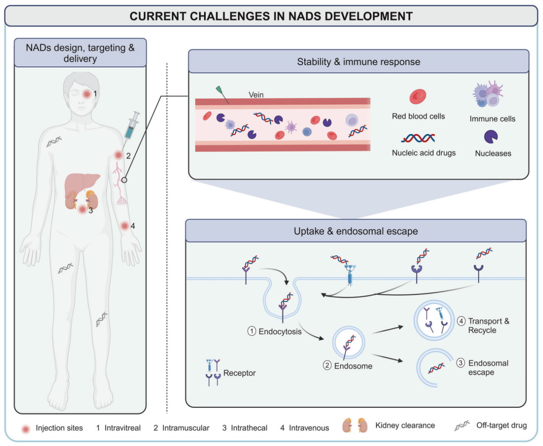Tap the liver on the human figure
82,185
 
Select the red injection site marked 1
87,94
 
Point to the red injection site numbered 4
125,226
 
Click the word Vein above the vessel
256,95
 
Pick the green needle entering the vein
222,95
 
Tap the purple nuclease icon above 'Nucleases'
491,137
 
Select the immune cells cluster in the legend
488,94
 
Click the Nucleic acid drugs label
423,153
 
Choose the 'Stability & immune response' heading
358,62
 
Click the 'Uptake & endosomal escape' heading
355,231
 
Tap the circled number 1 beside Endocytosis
252,331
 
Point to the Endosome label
353,366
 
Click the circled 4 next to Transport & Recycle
461,321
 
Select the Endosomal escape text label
488,368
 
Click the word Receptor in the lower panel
239,373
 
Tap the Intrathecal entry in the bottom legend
249,428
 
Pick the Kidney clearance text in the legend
405,425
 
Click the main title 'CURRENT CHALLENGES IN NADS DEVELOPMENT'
271,16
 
